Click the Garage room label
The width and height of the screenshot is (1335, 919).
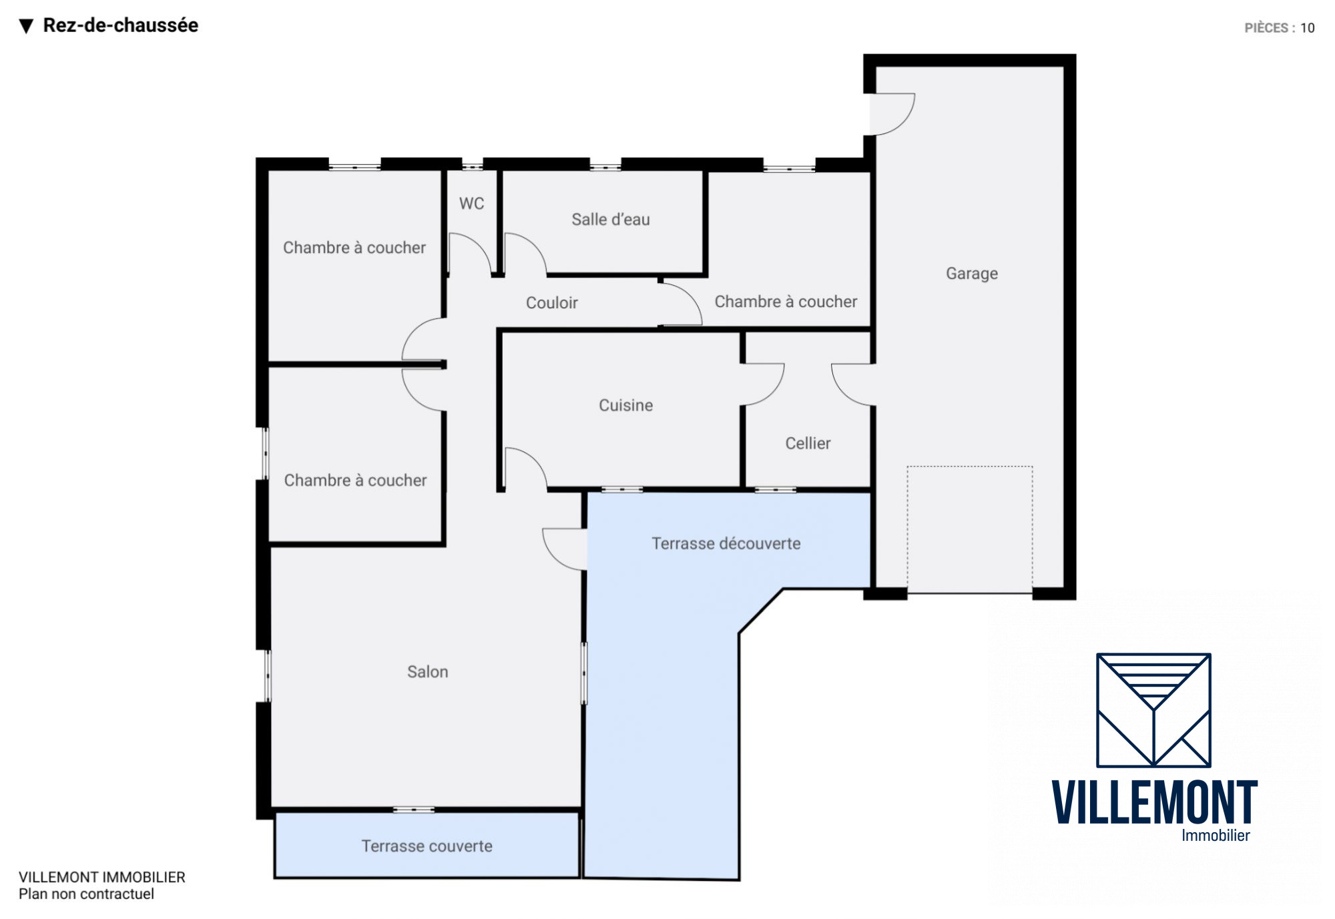pyautogui.click(x=971, y=274)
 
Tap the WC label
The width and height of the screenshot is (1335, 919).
pyautogui.click(x=471, y=204)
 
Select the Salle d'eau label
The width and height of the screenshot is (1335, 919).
pyautogui.click(x=610, y=220)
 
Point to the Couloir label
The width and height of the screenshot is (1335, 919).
pyautogui.click(x=551, y=303)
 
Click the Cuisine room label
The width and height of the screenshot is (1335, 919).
pyautogui.click(x=625, y=405)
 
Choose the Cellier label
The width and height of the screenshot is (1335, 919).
pyautogui.click(x=808, y=443)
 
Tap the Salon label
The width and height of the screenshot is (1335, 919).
pyautogui.click(x=427, y=671)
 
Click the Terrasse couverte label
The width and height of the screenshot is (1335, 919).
pyautogui.click(x=427, y=846)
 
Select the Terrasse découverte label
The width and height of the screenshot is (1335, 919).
pyautogui.click(x=726, y=543)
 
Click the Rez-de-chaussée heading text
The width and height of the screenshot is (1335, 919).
pyautogui.click(x=120, y=25)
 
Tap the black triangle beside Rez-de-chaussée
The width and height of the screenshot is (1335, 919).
pyautogui.click(x=26, y=26)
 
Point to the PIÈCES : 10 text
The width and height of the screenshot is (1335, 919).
pyautogui.click(x=1279, y=28)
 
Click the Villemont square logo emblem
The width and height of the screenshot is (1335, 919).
pyautogui.click(x=1153, y=710)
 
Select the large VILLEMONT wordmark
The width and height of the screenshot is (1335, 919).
pyautogui.click(x=1154, y=802)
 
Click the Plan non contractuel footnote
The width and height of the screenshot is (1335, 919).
pyautogui.click(x=86, y=894)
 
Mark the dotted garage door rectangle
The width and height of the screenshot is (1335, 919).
pyautogui.click(x=969, y=529)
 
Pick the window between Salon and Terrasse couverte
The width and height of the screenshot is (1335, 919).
pyautogui.click(x=413, y=810)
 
